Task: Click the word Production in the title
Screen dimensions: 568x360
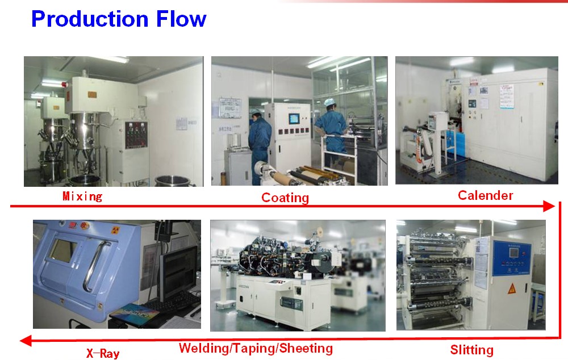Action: click(90, 19)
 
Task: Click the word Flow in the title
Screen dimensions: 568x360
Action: click(182, 19)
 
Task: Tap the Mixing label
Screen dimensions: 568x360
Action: click(82, 196)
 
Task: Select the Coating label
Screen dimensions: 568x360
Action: click(285, 198)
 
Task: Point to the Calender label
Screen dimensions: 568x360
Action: click(486, 195)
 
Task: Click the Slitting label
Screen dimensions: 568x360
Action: click(471, 350)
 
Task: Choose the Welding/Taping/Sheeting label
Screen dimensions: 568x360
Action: click(256, 348)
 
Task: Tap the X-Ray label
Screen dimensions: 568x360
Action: click(103, 353)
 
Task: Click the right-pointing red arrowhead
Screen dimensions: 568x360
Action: click(549, 206)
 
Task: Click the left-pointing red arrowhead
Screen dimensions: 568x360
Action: click(26, 341)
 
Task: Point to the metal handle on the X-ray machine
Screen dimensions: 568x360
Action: click(95, 266)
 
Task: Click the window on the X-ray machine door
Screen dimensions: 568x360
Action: click(62, 250)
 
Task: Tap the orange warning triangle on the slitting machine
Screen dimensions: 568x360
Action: click(512, 288)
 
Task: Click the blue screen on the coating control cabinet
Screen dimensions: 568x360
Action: click(294, 119)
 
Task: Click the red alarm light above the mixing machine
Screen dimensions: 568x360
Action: click(65, 85)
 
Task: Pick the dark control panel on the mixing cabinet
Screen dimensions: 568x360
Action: click(136, 135)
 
